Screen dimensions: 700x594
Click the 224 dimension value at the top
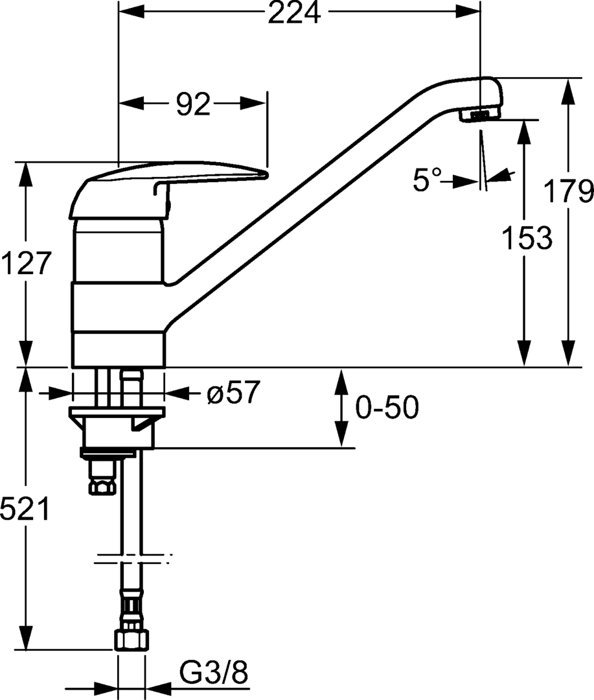(295, 13)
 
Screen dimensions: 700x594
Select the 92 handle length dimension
(194, 104)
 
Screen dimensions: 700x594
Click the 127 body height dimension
(26, 264)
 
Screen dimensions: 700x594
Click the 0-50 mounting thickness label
(387, 408)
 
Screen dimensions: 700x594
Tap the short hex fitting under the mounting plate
(102, 484)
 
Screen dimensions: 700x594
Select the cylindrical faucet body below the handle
(118, 292)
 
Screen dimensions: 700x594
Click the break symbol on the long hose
(132, 558)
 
